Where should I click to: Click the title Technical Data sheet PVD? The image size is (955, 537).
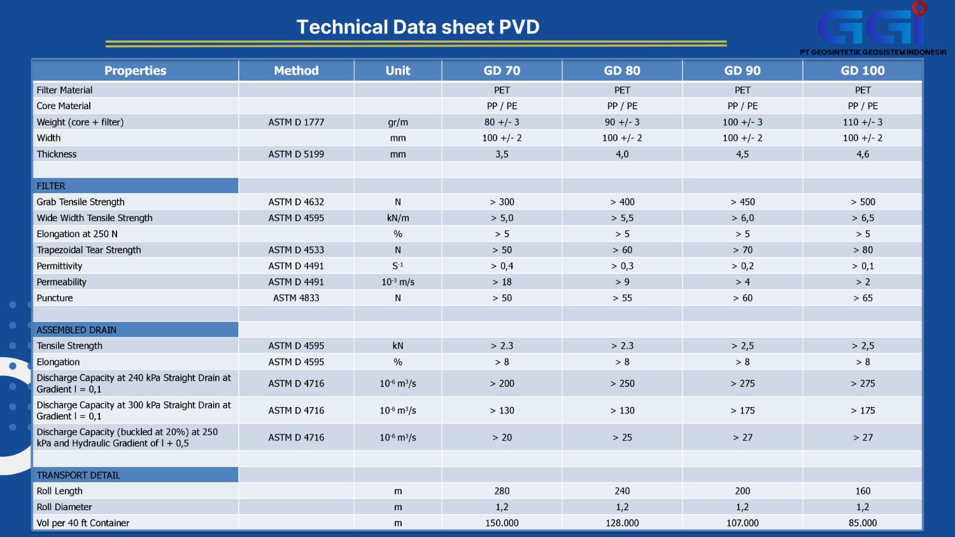(x=418, y=27)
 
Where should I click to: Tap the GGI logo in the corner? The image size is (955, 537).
(x=872, y=29)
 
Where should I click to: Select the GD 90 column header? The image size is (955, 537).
(x=742, y=71)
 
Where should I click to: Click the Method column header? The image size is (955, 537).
(x=296, y=71)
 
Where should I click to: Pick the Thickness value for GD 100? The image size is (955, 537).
(x=863, y=154)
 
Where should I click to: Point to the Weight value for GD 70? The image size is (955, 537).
(x=502, y=122)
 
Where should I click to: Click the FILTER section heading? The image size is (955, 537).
(x=51, y=186)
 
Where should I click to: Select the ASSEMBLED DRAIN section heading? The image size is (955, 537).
(x=76, y=330)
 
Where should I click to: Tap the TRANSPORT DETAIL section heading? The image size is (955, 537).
(x=78, y=475)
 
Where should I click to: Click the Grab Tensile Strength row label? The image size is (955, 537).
(x=81, y=202)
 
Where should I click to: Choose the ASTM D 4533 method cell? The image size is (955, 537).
(x=296, y=250)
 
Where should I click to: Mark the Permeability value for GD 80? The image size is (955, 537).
(x=622, y=282)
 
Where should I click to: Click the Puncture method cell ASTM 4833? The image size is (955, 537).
(x=296, y=298)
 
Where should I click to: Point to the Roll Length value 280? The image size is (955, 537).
(x=502, y=491)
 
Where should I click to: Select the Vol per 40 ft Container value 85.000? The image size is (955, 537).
(x=863, y=523)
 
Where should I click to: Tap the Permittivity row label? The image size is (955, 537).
(x=60, y=266)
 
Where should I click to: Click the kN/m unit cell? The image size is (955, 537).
(x=398, y=218)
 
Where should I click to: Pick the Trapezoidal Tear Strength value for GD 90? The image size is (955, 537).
(x=742, y=250)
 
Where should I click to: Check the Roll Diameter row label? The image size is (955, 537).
(x=64, y=507)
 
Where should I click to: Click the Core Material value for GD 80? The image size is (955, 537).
(x=622, y=106)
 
